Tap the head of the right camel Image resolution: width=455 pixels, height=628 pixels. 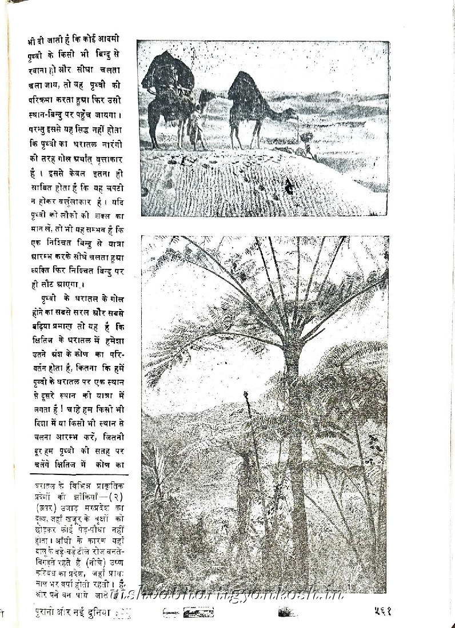click(x=290, y=114)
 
